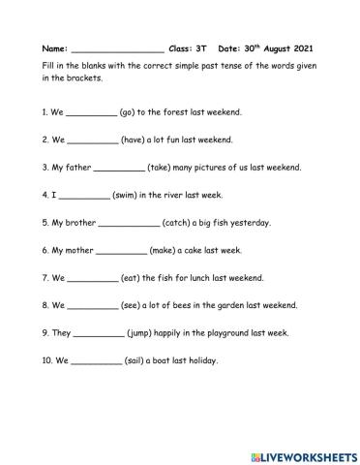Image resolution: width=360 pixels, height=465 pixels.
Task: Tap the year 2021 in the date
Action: coord(300,46)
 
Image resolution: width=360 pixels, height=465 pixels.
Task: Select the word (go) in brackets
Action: coord(130,112)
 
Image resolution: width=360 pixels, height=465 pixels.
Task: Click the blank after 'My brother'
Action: coord(128,223)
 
